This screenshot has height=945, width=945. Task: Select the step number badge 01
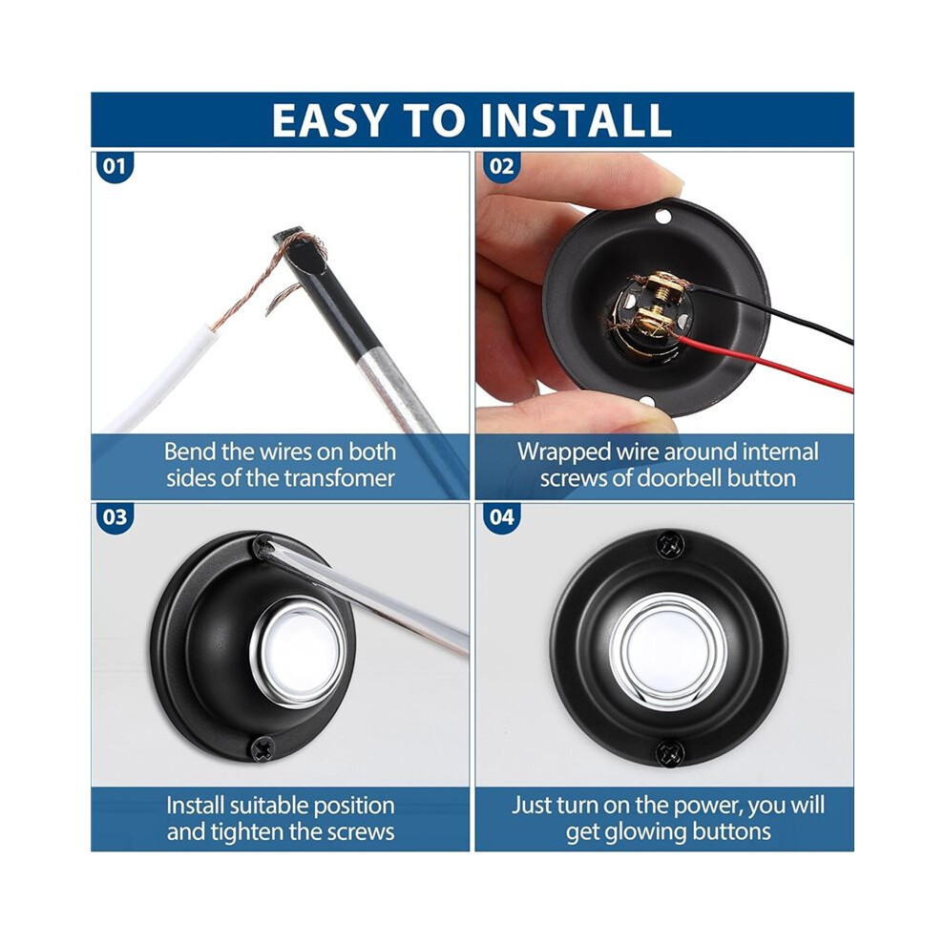[x=115, y=166]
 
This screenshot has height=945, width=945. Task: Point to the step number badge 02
[x=501, y=166]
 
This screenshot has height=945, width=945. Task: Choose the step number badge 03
[x=115, y=517]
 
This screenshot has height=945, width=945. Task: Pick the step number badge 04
[x=501, y=517]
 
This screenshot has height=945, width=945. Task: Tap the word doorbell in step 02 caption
[x=680, y=478]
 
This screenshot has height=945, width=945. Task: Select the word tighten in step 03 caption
[x=246, y=832]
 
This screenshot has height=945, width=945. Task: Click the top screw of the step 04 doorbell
[x=669, y=545]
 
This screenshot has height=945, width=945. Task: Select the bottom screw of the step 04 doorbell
[x=669, y=751]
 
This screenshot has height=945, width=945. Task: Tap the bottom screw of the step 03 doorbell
[x=263, y=748]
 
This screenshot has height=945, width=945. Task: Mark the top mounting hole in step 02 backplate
[x=662, y=216]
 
